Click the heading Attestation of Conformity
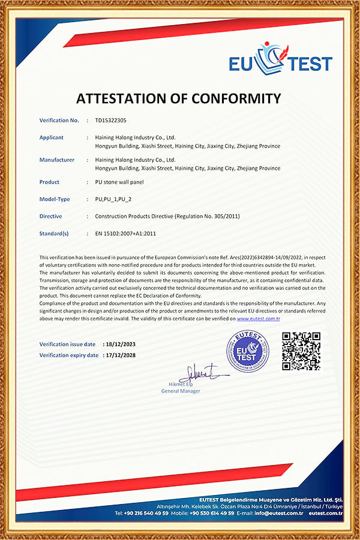(178, 98)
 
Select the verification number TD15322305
(111, 121)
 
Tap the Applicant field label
(52, 137)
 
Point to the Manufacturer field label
(57, 160)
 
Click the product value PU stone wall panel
(119, 182)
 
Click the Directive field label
(50, 216)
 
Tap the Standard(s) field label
(54, 233)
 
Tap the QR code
(301, 351)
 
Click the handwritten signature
(201, 374)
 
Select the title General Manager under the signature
(181, 391)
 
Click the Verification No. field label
(59, 121)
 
